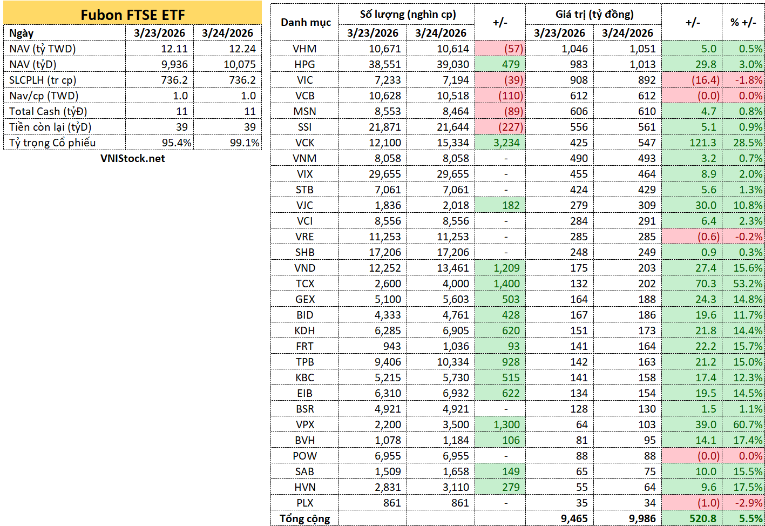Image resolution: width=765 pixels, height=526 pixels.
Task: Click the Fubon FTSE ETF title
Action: pos(132,15)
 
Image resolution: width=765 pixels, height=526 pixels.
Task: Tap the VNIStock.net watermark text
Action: pos(132,158)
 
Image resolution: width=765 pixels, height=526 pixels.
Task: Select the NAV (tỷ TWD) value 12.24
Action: pos(242,49)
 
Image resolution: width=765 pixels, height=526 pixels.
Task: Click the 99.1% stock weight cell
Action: pos(245,143)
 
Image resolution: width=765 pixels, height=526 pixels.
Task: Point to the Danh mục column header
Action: pos(306,23)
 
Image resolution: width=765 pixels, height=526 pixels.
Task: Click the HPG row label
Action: pos(304,65)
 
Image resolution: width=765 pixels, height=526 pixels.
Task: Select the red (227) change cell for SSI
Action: pos(511,127)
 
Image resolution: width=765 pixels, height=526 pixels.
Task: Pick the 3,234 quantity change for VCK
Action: pos(506,143)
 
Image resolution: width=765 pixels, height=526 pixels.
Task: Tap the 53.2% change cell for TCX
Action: pos(748,284)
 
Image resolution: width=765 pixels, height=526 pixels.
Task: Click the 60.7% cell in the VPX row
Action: pos(748,425)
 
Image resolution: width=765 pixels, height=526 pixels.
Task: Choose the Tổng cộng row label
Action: pos(305,519)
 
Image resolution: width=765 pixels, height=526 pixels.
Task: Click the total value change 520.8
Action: pos(702,519)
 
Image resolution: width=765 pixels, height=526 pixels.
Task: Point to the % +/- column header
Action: pos(743,23)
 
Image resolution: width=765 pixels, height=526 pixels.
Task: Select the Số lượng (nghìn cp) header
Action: pos(408,15)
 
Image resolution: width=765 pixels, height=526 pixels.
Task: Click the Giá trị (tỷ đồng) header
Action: pos(594,15)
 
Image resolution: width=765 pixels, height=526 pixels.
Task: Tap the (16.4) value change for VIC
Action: pos(706,80)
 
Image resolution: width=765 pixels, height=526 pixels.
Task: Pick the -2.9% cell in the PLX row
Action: pos(749,503)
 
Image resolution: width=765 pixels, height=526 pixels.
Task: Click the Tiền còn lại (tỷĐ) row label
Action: pos(50,127)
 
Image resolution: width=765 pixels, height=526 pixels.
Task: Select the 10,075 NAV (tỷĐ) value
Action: pos(239,65)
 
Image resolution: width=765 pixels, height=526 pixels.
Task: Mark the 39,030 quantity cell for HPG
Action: pos(453,65)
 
